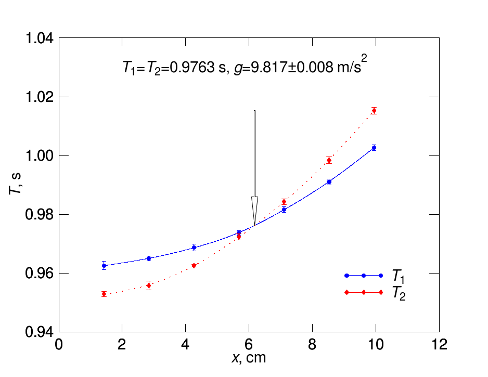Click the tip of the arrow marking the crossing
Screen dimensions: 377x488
[254, 226]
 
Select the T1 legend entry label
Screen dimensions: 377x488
[399, 276]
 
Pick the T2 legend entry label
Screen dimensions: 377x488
[399, 294]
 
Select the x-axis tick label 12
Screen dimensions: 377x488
[439, 344]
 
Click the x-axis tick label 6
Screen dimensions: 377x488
[249, 344]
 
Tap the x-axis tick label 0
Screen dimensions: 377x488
[59, 344]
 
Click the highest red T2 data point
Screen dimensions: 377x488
[374, 110]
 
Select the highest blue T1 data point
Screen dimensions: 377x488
[374, 148]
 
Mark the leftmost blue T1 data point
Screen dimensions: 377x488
[104, 266]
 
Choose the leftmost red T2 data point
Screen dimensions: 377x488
[104, 294]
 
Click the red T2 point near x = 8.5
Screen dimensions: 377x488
[329, 160]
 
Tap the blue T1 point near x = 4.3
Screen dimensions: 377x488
[194, 248]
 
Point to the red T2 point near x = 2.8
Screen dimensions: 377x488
[149, 285]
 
